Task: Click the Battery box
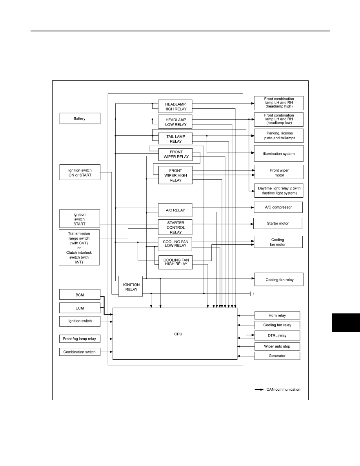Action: (80, 118)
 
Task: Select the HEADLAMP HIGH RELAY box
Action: (175, 106)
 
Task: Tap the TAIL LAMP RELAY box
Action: (175, 139)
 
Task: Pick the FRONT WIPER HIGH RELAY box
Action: (175, 175)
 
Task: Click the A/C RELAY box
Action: (175, 210)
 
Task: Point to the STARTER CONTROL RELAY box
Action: (175, 228)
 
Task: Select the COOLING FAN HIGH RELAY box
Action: (175, 262)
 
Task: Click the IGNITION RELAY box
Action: (131, 286)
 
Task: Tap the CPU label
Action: (178, 334)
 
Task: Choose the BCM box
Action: (80, 295)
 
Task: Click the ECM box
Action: (80, 308)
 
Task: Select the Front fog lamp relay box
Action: (80, 339)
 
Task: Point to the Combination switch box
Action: (80, 352)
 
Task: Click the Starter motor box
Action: (278, 223)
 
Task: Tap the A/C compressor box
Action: (278, 207)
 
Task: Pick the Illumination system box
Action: (278, 153)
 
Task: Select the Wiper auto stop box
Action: (277, 346)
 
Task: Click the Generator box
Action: (277, 356)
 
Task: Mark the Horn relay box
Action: (277, 315)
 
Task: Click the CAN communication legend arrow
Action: (259, 390)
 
